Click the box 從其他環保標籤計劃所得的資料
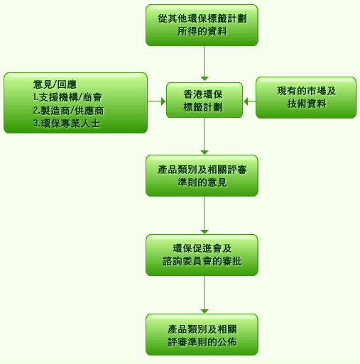point(202,25)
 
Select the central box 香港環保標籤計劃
point(204,100)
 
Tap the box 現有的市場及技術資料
point(306,97)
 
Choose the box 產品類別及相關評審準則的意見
point(202,176)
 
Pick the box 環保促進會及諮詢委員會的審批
point(202,255)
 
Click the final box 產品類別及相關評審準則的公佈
point(202,335)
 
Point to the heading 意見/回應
point(55,84)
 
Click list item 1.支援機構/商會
point(67,97)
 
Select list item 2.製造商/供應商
point(68,111)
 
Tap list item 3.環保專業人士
point(67,123)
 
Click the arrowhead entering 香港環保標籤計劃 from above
point(204,79)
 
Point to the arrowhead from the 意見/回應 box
point(163,101)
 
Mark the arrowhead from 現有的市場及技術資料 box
point(246,101)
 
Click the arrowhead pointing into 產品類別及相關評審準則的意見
point(204,153)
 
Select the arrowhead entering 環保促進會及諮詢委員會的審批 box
point(204,232)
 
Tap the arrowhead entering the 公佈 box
point(204,311)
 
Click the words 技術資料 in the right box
point(307,104)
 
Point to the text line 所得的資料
point(202,31)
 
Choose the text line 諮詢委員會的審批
point(202,261)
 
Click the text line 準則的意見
point(202,182)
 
